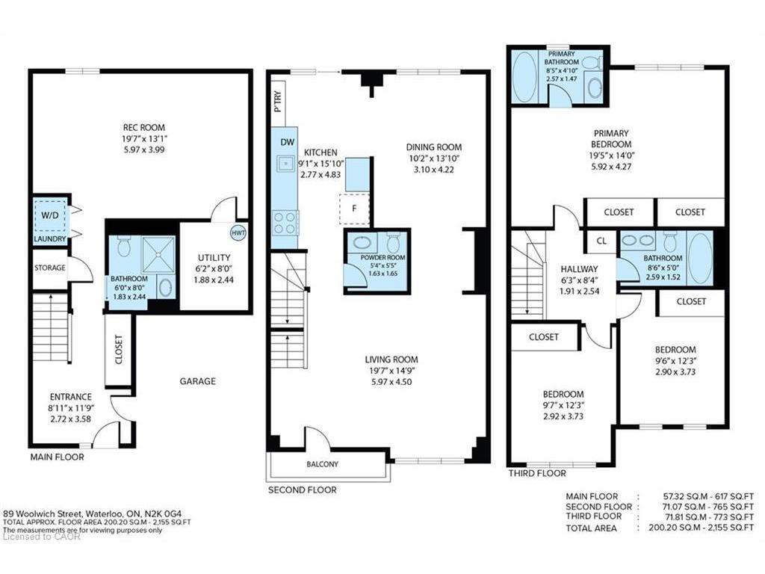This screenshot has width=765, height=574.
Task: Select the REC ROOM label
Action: (143, 128)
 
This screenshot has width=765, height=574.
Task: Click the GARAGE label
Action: (197, 381)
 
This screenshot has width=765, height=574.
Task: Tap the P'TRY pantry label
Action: (278, 101)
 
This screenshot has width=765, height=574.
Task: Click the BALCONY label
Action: (322, 464)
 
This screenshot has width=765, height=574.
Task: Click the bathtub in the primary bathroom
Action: (526, 77)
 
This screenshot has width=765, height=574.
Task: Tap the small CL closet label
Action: (601, 241)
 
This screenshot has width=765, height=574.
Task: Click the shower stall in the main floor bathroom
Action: (158, 255)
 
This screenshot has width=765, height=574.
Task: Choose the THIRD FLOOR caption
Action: (537, 473)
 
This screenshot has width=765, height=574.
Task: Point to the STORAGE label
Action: (49, 268)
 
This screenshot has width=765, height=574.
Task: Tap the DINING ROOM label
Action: (434, 147)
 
